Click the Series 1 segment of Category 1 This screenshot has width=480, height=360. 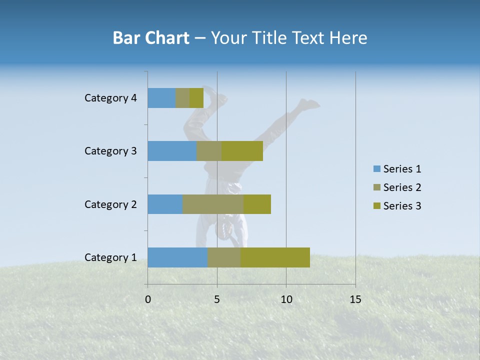pos(177,257)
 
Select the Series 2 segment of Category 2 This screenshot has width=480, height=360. pos(213,204)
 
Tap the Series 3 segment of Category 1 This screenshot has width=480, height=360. pos(275,257)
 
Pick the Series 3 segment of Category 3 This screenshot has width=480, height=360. pos(242,151)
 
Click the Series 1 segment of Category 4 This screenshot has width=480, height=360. pos(161,98)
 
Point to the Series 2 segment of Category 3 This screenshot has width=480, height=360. pos(209,151)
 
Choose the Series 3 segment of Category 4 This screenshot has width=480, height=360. pos(196,98)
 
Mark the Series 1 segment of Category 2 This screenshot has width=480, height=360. pos(165,204)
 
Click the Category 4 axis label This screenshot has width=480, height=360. pos(110,98)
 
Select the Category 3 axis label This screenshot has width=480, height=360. pos(110,151)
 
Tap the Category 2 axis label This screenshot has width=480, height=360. pos(110,204)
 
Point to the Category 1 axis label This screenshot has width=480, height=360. pos(110,257)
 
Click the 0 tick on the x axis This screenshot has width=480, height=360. pos(148,299)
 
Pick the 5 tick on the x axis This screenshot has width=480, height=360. pos(217,299)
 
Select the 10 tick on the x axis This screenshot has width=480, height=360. pos(286,299)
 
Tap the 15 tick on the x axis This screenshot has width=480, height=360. pos(355,299)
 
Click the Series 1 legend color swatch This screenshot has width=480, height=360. pos(376,169)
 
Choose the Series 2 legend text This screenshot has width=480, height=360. pos(402,187)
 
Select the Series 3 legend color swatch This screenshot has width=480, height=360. pos(376,206)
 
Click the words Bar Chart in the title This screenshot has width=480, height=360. pos(151,38)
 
